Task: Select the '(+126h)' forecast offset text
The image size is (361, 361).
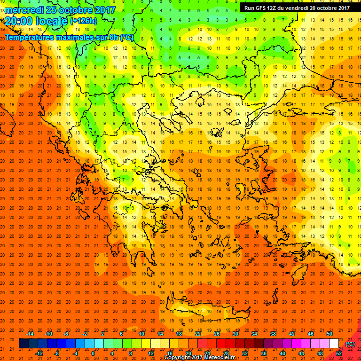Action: [84, 21]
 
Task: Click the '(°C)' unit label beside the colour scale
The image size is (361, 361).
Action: [350, 344]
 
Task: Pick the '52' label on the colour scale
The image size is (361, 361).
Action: [339, 353]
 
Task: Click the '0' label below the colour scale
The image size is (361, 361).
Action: [93, 353]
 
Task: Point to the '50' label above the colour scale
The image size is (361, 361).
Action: [330, 334]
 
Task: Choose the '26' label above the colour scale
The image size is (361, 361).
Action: [217, 334]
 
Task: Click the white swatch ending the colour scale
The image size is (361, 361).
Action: [334, 344]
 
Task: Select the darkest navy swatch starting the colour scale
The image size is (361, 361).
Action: [24, 344]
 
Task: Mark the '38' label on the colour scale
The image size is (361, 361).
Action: [273, 334]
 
